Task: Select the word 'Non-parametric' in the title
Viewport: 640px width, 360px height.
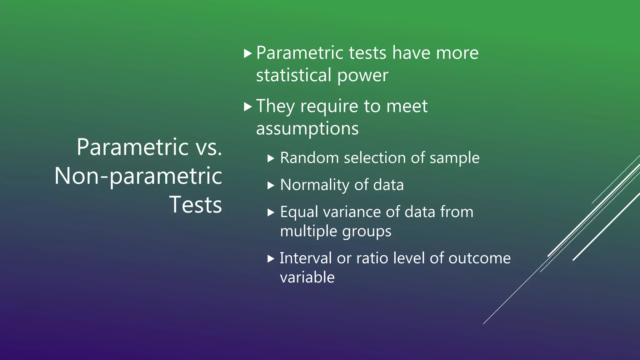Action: [138, 176]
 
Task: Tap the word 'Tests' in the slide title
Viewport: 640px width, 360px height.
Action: [196, 205]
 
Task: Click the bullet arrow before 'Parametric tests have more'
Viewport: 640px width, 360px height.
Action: [247, 53]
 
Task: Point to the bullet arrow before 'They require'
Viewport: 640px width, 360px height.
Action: [247, 107]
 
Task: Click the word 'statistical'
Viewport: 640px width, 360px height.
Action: [294, 75]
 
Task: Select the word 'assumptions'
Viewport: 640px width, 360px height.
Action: [307, 129]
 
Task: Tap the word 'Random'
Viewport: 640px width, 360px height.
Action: [309, 158]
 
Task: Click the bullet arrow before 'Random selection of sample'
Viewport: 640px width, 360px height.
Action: [271, 159]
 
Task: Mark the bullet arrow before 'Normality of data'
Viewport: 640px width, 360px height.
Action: [271, 186]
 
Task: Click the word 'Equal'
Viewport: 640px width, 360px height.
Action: [299, 212]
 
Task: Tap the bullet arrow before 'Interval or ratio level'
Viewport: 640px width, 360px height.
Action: [271, 259]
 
